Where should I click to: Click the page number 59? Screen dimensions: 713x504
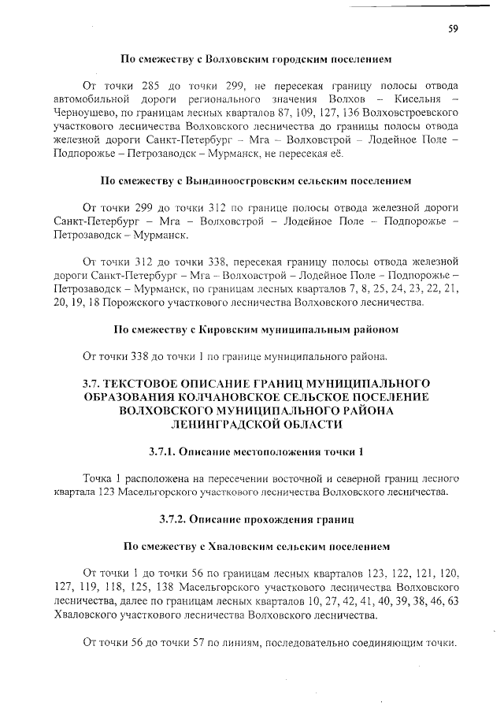[x=453, y=29]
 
